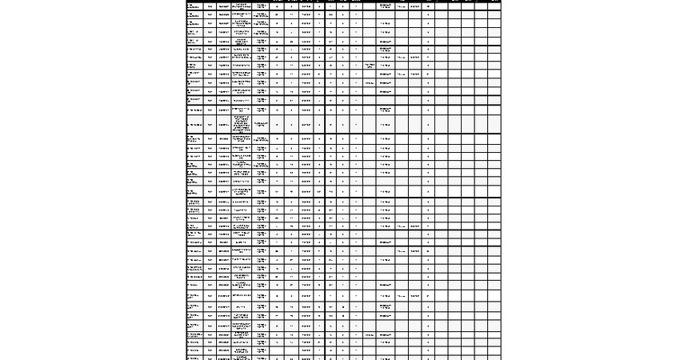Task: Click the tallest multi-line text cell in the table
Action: coord(242,124)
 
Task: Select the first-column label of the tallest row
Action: coord(194,124)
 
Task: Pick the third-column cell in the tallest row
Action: coord(223,124)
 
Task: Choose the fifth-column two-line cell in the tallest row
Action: coord(262,124)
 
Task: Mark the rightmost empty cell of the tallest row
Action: coord(494,124)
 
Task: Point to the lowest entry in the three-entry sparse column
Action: coord(370,334)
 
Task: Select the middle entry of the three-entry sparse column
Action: coord(370,82)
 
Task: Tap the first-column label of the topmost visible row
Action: coord(192,6)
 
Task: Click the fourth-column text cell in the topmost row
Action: coord(242,6)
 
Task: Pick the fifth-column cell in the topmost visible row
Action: coord(262,6)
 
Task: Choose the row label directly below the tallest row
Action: coord(194,139)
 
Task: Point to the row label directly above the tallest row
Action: coord(194,110)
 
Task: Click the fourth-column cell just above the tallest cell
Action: coord(242,110)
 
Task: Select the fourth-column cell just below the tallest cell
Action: coord(242,139)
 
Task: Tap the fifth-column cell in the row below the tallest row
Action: coord(262,139)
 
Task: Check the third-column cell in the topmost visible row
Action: coord(223,6)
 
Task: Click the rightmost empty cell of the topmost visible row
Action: coord(494,6)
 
